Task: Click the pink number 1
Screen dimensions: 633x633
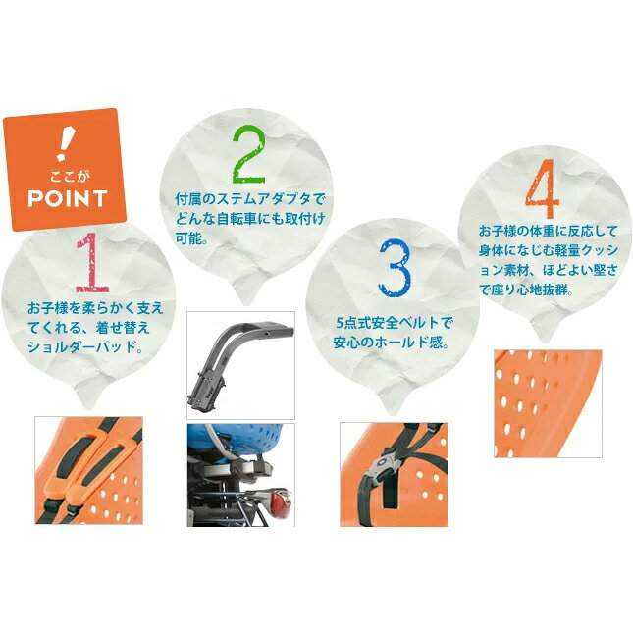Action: (x=93, y=262)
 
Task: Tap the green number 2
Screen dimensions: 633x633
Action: (x=248, y=155)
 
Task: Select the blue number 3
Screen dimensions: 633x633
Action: (x=395, y=268)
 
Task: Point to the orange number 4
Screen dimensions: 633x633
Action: (x=542, y=188)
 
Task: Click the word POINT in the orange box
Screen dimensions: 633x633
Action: (x=68, y=198)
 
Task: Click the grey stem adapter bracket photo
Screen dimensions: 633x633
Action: (x=240, y=365)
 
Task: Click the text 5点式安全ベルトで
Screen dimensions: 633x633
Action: (x=395, y=323)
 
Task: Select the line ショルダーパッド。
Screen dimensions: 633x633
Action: (x=86, y=346)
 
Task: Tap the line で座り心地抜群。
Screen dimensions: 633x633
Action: (x=526, y=290)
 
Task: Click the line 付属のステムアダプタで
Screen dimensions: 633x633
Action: (x=249, y=199)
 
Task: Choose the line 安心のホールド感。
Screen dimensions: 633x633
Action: (x=392, y=343)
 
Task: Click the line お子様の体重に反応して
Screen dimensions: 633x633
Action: (x=549, y=232)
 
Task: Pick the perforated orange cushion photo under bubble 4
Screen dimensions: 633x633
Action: (x=548, y=403)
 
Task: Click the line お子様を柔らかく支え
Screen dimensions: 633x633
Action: (x=95, y=308)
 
